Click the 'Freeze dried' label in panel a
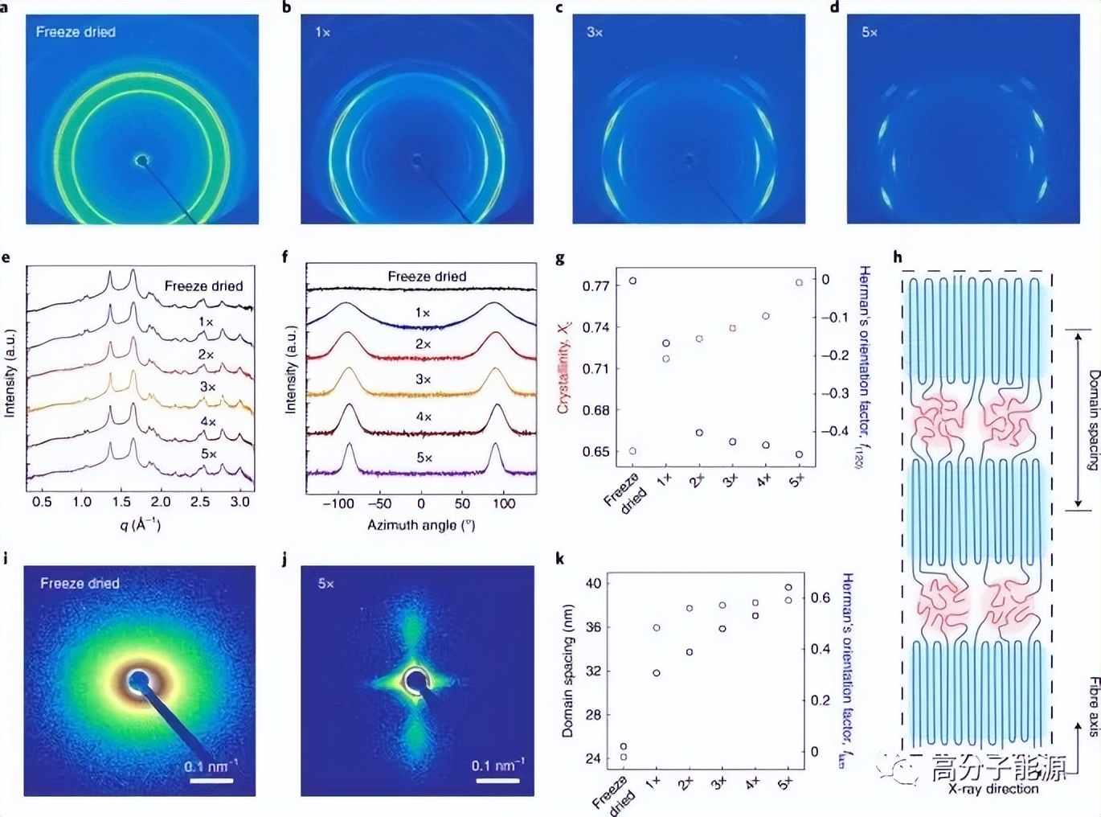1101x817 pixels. tap(76, 32)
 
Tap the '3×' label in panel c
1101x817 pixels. tap(595, 32)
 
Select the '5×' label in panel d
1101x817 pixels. tap(870, 32)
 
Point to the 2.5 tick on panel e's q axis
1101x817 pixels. tap(200, 502)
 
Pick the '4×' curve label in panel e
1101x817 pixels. tap(208, 421)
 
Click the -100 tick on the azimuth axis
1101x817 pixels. tap(338, 503)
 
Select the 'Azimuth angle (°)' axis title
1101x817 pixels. tap(421, 525)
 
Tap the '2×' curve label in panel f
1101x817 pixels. tap(423, 344)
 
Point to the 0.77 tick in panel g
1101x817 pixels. tap(596, 285)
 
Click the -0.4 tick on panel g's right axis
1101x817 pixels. tap(835, 431)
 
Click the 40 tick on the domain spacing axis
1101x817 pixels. tap(593, 583)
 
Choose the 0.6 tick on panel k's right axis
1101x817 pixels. tap(820, 597)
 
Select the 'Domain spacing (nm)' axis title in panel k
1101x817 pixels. tap(568, 670)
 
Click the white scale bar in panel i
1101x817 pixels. tap(211, 780)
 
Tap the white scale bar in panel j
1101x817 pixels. tap(497, 780)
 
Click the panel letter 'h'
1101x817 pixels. tap(898, 257)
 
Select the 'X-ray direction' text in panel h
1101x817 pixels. tap(993, 789)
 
